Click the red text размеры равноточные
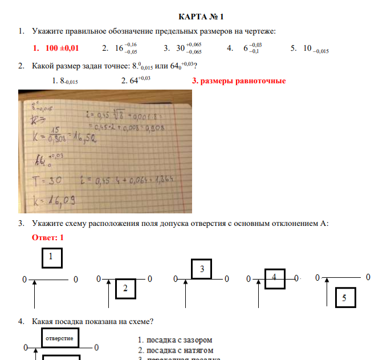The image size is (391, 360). point(239,81)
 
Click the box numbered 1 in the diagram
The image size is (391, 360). point(52,258)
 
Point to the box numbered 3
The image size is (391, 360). point(201,269)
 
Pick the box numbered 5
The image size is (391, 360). point(344,297)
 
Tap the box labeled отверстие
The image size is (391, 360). point(59,338)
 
